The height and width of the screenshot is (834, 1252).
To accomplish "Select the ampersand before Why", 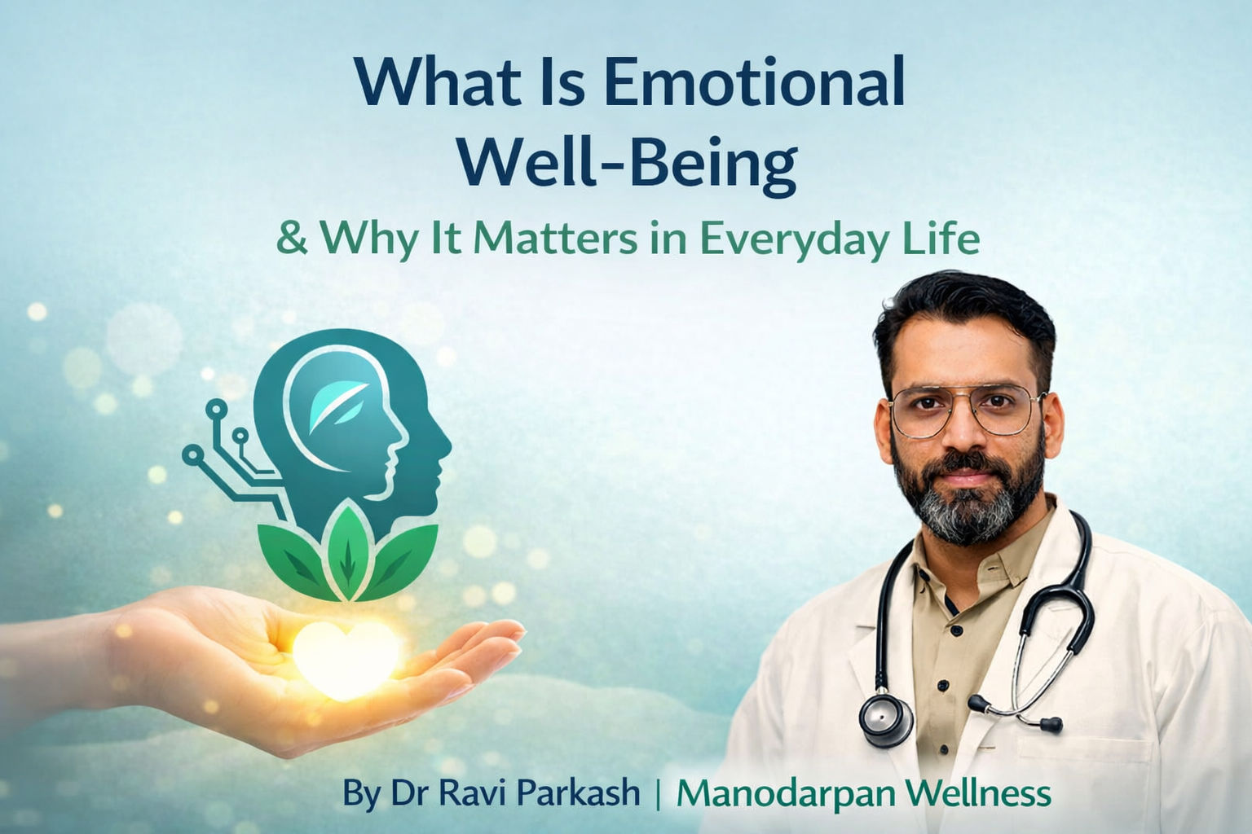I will tap(292, 239).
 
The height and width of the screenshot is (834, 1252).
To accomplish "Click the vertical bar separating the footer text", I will tap(658, 793).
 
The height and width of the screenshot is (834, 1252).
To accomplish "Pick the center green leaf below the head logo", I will tap(347, 551).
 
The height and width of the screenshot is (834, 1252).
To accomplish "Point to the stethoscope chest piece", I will tap(885, 718).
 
